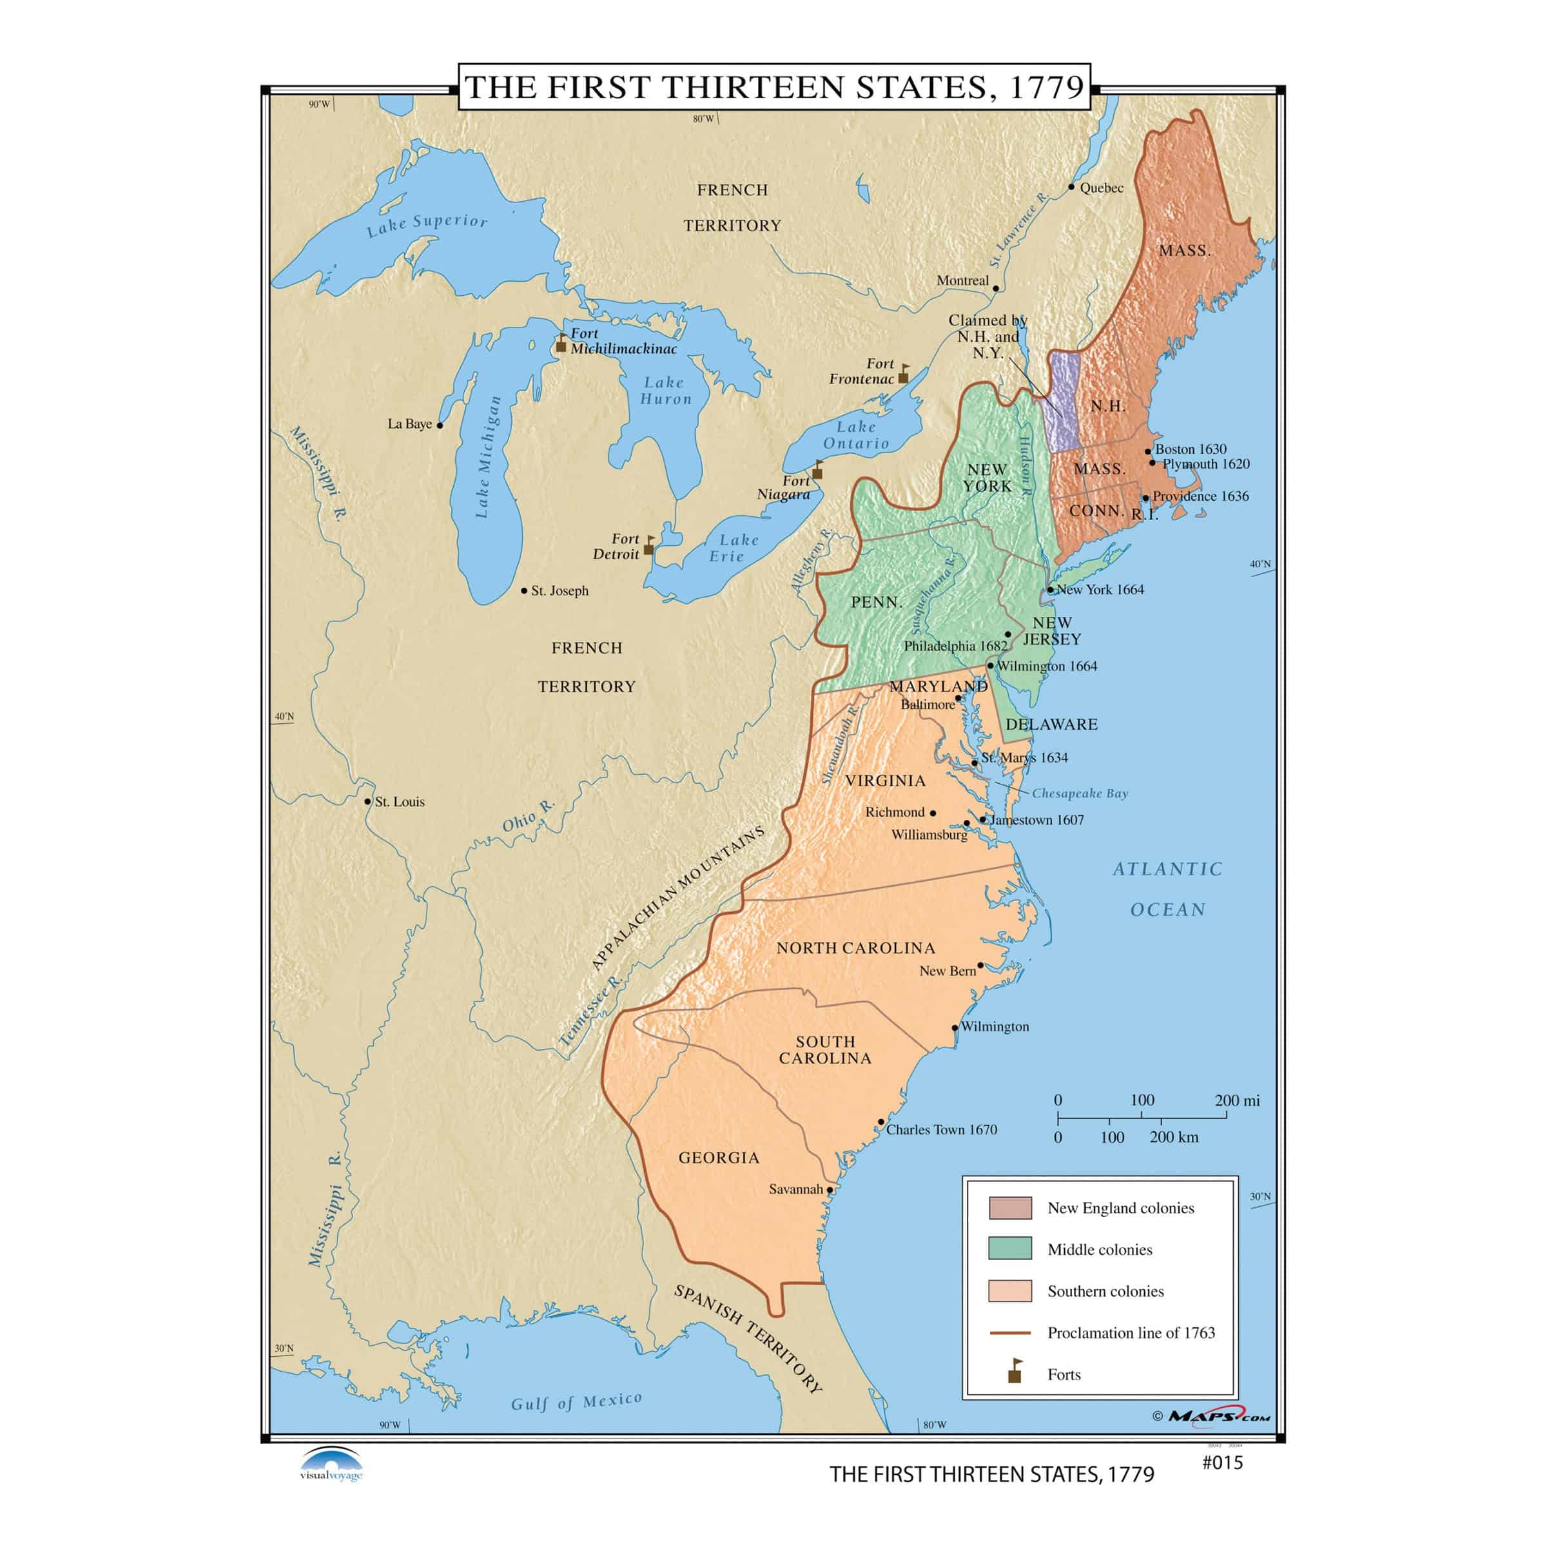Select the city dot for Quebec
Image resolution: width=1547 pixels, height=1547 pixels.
[x=1071, y=186]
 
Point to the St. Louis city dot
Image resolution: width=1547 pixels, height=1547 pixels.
[x=367, y=801]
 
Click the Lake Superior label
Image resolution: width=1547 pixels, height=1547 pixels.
[x=427, y=226]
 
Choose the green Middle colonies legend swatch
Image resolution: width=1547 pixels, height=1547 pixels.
[x=1009, y=1249]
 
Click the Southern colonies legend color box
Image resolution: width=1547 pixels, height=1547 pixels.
[x=1009, y=1290]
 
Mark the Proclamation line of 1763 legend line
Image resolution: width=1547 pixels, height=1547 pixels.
[x=1009, y=1332]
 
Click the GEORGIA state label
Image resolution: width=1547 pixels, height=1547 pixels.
[x=718, y=1157]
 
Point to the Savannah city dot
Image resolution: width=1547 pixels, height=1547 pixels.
[x=830, y=1190]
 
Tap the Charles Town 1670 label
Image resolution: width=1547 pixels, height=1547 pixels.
[x=941, y=1129]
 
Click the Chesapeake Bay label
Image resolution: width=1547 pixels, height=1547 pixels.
[x=1080, y=793]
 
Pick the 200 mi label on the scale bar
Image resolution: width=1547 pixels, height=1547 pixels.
[x=1236, y=1100]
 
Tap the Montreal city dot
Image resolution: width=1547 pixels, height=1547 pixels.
[x=995, y=288]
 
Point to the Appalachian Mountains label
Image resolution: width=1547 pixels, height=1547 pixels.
[x=677, y=899]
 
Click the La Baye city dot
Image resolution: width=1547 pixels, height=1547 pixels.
[x=440, y=425]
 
